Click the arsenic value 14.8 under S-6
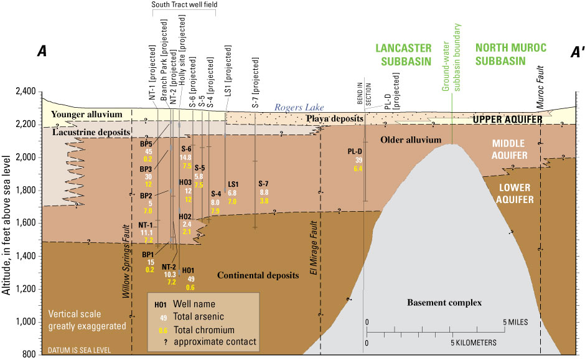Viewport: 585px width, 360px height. click(185, 158)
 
